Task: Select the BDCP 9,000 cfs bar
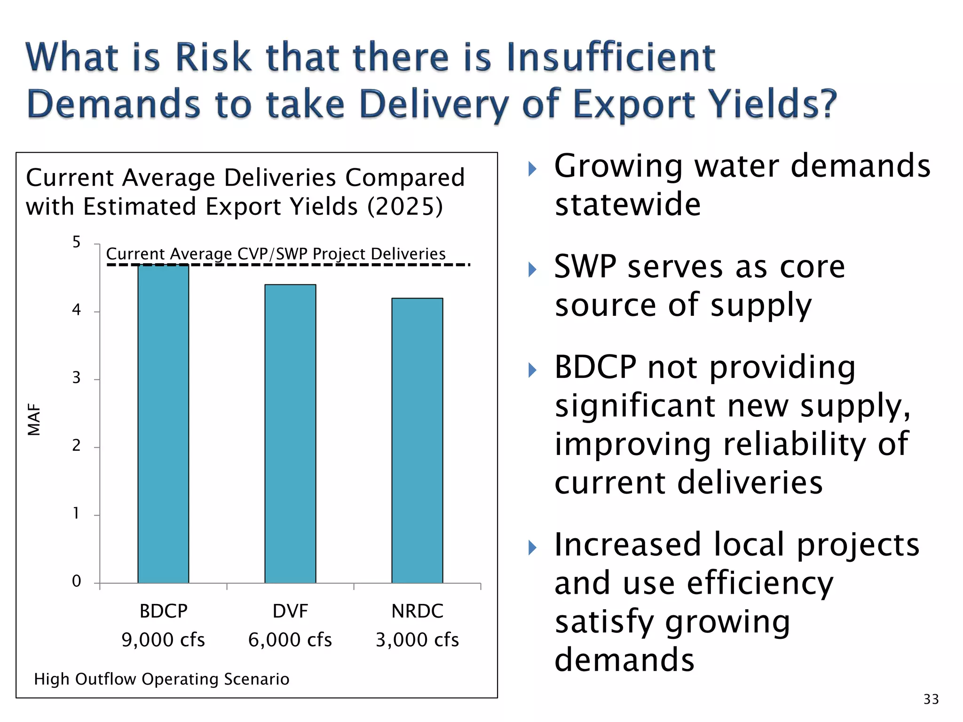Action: (163, 423)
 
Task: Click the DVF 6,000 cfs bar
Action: (290, 432)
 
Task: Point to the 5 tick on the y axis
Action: (76, 243)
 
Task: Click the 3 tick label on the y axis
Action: (76, 378)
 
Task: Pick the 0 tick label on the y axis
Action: (76, 581)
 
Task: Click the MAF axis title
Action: (34, 420)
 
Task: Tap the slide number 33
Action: (931, 699)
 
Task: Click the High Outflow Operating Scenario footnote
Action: (161, 679)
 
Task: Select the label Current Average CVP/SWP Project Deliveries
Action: (276, 254)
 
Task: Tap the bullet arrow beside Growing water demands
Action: (532, 169)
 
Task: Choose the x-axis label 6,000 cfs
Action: (290, 640)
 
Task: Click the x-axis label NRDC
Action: (417, 611)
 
